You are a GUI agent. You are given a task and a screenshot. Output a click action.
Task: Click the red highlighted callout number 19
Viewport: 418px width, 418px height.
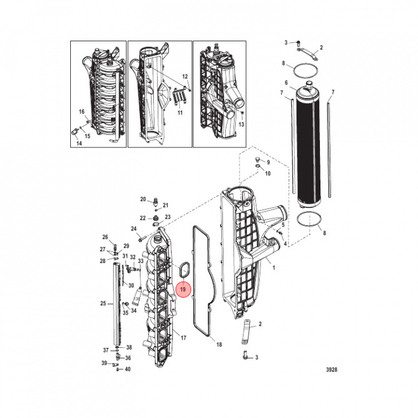coord(183,289)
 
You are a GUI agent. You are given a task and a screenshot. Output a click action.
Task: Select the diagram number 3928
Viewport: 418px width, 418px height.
coord(331,369)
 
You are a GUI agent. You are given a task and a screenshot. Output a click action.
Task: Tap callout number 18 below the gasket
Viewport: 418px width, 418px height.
coord(219,344)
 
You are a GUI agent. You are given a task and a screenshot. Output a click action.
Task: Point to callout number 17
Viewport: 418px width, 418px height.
coord(183,338)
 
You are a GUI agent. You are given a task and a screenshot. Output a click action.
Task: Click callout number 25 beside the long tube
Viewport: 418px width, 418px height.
coord(103,304)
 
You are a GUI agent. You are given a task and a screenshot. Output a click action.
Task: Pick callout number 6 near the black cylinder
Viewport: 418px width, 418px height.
coord(286,82)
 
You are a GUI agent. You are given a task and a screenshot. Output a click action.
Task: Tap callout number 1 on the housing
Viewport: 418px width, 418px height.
coord(274,268)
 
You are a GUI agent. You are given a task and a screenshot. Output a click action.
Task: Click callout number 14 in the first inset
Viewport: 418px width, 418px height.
coord(79,143)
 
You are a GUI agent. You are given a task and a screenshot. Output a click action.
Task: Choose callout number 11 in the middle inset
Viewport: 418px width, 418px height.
coord(180,113)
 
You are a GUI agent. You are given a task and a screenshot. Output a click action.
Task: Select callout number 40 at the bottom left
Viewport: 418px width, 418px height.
coord(128,369)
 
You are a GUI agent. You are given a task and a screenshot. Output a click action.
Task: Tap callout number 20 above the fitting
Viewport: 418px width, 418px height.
coord(143,199)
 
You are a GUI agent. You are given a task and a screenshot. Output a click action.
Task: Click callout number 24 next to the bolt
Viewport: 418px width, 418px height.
coord(134,229)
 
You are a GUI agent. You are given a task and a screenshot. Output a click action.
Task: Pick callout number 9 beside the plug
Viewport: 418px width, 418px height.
coord(268,163)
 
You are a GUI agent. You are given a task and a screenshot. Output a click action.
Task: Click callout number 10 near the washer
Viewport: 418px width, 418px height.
coord(268,174)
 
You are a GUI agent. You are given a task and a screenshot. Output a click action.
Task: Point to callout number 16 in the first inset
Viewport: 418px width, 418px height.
coord(82,111)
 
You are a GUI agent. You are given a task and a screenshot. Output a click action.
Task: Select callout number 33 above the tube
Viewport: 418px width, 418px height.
coord(140,261)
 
